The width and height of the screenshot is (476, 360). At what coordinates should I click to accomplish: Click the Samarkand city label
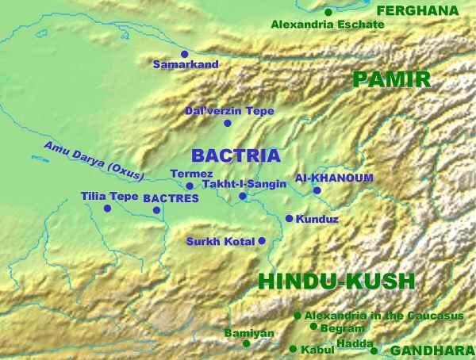tap(185, 65)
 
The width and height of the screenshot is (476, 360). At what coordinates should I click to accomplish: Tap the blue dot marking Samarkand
tap(185, 54)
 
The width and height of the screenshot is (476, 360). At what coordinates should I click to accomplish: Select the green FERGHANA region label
tap(418, 10)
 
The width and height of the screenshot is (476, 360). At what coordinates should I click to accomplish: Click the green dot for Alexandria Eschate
tap(328, 12)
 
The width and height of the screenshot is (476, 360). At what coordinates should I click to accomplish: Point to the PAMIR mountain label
tap(391, 79)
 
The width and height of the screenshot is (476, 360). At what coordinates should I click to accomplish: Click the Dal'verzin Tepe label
tap(228, 111)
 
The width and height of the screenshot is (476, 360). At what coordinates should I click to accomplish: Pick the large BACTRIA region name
tap(236, 155)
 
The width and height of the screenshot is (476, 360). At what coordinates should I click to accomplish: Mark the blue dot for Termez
tap(190, 186)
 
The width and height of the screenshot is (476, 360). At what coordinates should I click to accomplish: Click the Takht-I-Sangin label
tap(244, 184)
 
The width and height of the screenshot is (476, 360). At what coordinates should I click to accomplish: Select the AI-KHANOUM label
tap(323, 178)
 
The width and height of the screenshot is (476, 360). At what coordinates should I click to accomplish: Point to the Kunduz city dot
tap(289, 218)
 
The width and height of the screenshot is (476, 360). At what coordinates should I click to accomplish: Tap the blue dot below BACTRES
tap(156, 210)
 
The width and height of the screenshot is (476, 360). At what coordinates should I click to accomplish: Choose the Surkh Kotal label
tap(220, 241)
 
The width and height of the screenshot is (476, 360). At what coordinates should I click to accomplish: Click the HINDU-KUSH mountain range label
tap(336, 281)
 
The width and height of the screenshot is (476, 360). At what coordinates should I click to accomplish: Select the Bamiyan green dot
tap(246, 344)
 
